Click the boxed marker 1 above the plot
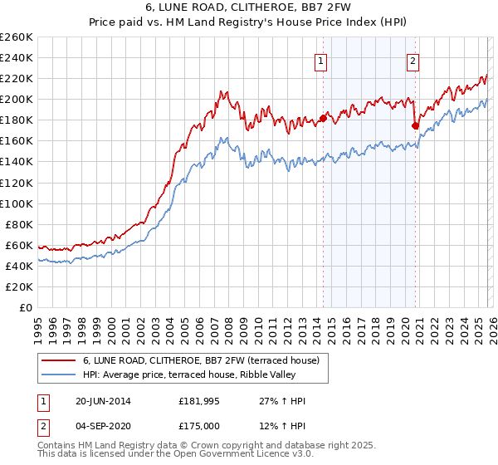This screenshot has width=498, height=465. click(x=320, y=59)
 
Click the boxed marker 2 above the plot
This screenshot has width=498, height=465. click(x=413, y=59)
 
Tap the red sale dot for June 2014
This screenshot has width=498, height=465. click(x=323, y=117)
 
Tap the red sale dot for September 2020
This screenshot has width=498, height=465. click(x=416, y=125)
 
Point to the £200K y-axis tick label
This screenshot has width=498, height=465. click(x=17, y=99)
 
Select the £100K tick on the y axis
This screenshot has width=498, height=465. click(x=17, y=203)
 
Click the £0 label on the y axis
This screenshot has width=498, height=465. click(x=26, y=307)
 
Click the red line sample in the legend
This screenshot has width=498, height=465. click(x=60, y=360)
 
